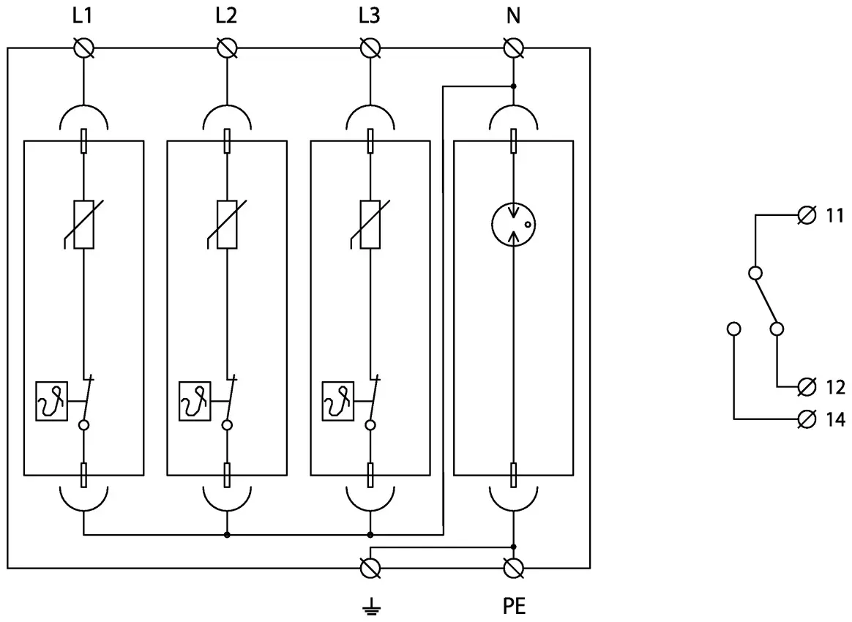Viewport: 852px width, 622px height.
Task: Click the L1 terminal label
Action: (83, 16)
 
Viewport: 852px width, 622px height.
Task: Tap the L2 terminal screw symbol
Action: (227, 48)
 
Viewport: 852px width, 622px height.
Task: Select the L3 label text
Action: (370, 16)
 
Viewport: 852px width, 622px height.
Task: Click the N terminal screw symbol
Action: (514, 48)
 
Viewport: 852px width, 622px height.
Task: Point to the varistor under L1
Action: (84, 225)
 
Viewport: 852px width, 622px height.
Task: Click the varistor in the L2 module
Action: (227, 225)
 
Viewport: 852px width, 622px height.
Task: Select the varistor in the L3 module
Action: (370, 225)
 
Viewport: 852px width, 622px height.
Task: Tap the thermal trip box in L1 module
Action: (51, 402)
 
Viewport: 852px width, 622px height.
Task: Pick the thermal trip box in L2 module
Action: (195, 402)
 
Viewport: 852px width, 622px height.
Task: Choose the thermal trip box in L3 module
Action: (338, 402)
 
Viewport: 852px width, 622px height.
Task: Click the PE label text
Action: (514, 607)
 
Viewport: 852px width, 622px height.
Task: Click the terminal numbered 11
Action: (807, 216)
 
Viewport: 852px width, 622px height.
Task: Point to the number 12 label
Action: (835, 386)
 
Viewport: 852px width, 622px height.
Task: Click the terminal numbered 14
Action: (807, 419)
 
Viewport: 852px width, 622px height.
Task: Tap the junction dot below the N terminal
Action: (514, 86)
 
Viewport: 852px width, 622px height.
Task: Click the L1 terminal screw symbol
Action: (84, 48)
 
